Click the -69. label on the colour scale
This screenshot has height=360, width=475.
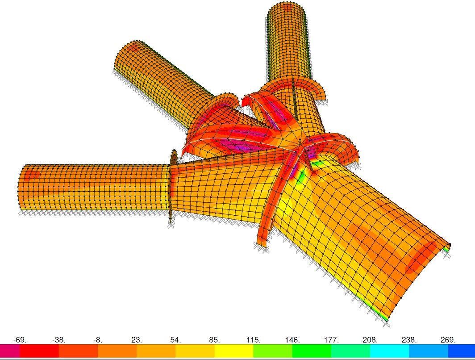20,340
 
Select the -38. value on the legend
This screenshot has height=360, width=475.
59,340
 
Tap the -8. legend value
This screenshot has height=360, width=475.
97,340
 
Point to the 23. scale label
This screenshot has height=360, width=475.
136,340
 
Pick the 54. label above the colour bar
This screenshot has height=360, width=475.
175,340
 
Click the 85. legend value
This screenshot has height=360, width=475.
214,340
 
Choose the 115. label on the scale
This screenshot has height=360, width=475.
253,340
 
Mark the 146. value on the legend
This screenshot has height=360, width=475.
292,340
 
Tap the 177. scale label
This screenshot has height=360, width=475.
331,340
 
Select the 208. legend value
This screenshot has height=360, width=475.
370,340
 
